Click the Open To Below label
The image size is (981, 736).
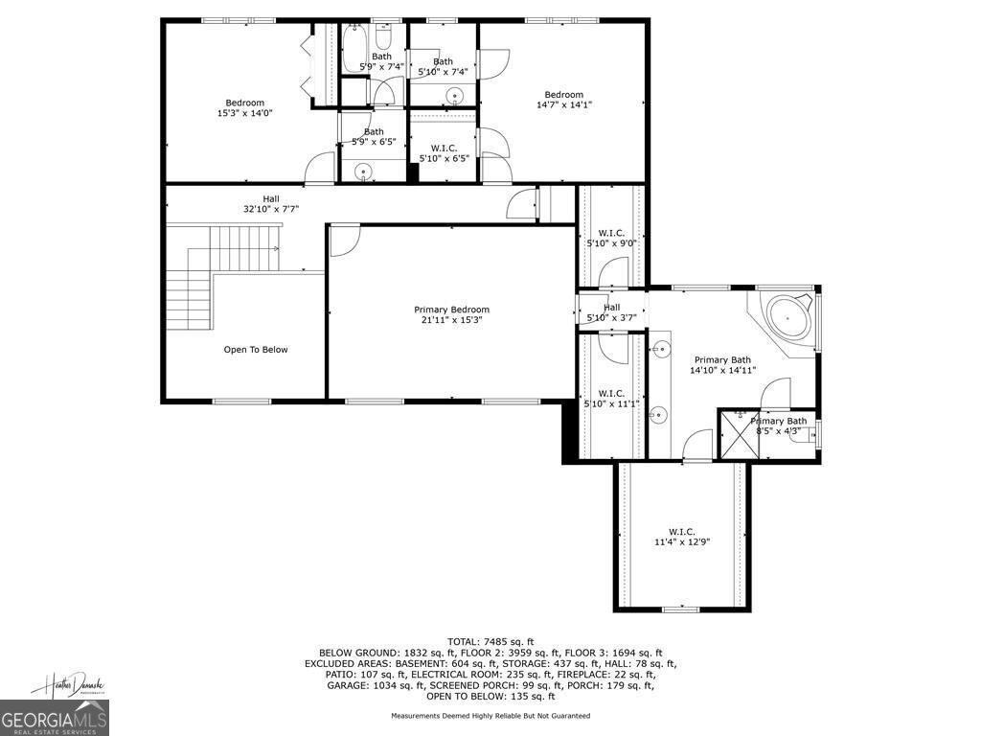coord(255,350)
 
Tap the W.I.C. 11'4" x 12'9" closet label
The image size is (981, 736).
coord(681,537)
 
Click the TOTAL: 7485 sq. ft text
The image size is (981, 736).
coord(490,641)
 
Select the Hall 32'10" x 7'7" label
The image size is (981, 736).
coord(271,203)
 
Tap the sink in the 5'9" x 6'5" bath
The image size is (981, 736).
coord(364,172)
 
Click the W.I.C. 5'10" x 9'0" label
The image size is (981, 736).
coord(611,238)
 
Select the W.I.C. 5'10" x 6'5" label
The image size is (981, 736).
coord(444,153)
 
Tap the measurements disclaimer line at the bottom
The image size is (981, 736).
coord(490,716)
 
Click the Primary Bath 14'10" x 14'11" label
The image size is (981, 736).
coord(723,365)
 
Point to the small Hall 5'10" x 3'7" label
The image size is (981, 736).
coord(611,311)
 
